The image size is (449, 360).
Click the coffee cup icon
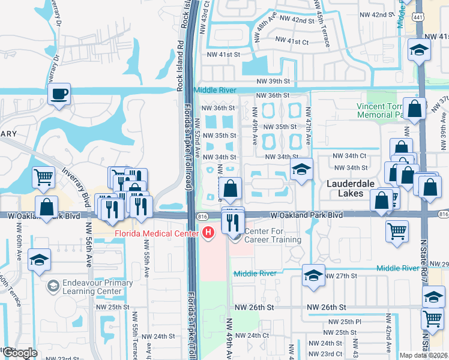tap(59, 95)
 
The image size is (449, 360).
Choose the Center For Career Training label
tap(272, 236)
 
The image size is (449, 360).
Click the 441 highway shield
tap(419, 17)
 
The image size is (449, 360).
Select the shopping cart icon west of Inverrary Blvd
tap(43, 178)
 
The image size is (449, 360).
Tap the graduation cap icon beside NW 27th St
tap(313, 276)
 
